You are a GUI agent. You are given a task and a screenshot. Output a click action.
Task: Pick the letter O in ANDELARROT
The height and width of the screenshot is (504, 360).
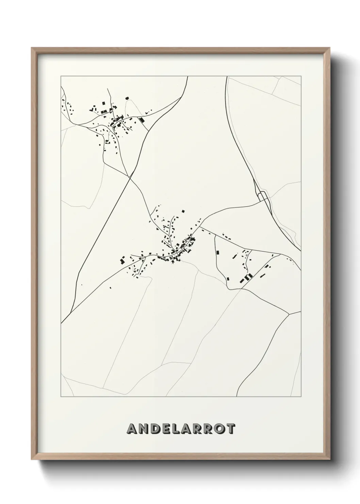[218, 429]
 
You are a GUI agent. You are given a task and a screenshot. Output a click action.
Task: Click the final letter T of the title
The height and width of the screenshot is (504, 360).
[230, 429]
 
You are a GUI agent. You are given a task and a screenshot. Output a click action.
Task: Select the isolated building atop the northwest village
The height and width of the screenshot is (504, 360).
[127, 98]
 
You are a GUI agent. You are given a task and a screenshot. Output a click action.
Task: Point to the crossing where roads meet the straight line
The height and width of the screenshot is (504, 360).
[129, 177]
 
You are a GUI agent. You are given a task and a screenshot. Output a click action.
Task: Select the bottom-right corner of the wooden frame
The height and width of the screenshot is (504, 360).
[329, 460]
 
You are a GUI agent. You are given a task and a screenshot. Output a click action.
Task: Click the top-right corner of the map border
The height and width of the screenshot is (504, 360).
[301, 76]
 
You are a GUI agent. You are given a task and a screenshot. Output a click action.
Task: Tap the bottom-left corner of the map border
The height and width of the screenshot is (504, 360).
[61, 397]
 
